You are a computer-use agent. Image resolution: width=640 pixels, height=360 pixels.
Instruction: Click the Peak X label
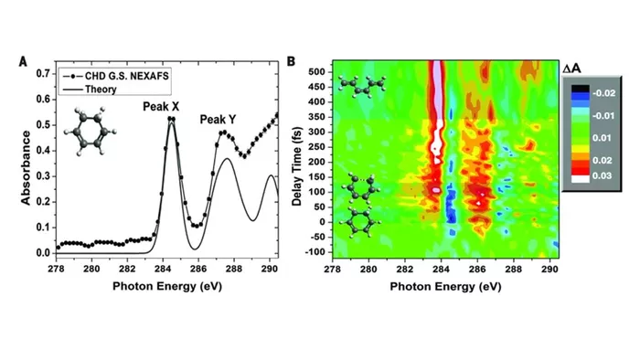click(161, 107)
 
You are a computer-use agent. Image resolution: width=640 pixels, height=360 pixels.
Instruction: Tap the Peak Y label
click(218, 120)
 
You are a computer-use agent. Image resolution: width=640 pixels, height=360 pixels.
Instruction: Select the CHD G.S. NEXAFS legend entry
click(115, 76)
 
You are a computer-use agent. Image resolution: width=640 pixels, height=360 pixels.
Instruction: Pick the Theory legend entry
click(90, 89)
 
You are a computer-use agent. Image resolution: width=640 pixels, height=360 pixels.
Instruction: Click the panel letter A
click(23, 61)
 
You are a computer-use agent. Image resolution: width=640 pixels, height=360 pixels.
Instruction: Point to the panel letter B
click(291, 61)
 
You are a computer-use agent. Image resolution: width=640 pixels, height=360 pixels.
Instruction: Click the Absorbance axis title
click(26, 167)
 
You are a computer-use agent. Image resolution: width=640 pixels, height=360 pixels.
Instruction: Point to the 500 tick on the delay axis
click(317, 72)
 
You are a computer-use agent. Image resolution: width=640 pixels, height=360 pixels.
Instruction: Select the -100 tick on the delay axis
click(315, 252)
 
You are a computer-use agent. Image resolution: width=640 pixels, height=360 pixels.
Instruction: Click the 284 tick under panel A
click(163, 269)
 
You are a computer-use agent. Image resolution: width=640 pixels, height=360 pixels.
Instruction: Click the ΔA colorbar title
click(571, 69)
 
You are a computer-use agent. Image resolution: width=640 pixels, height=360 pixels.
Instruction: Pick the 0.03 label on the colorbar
click(602, 175)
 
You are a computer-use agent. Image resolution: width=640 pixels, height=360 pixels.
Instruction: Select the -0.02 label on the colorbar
click(603, 93)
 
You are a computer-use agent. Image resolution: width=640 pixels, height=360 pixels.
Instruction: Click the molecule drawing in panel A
click(91, 132)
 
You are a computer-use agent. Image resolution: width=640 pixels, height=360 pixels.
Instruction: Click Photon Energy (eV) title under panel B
click(445, 287)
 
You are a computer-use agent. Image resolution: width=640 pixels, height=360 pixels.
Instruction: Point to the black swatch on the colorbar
click(580, 88)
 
